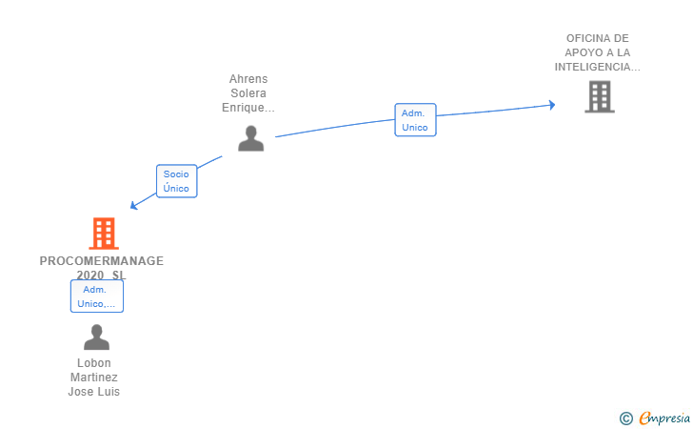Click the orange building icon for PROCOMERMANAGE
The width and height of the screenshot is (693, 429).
103,234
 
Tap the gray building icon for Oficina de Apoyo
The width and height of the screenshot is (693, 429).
599,97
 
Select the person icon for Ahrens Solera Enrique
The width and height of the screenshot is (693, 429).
250,138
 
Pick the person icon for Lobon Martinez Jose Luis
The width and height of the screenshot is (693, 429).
96,337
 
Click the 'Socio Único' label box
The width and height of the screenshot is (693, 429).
176,181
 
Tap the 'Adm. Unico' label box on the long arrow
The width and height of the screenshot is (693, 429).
415,120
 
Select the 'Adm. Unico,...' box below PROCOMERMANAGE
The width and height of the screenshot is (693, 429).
97,296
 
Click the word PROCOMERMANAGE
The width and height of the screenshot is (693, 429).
102,260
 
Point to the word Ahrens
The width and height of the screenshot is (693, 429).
248,79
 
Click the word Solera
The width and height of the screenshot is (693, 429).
248,93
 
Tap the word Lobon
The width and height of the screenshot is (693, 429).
94,363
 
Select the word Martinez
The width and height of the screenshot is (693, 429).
94,378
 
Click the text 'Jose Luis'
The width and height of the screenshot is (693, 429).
94,392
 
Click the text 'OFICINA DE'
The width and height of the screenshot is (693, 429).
598,39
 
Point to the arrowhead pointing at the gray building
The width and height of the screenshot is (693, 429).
550,105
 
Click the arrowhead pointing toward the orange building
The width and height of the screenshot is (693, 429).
134,205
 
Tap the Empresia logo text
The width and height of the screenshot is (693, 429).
663,418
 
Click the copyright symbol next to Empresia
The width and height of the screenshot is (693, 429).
625,418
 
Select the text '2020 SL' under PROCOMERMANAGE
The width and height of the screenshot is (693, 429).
101,276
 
